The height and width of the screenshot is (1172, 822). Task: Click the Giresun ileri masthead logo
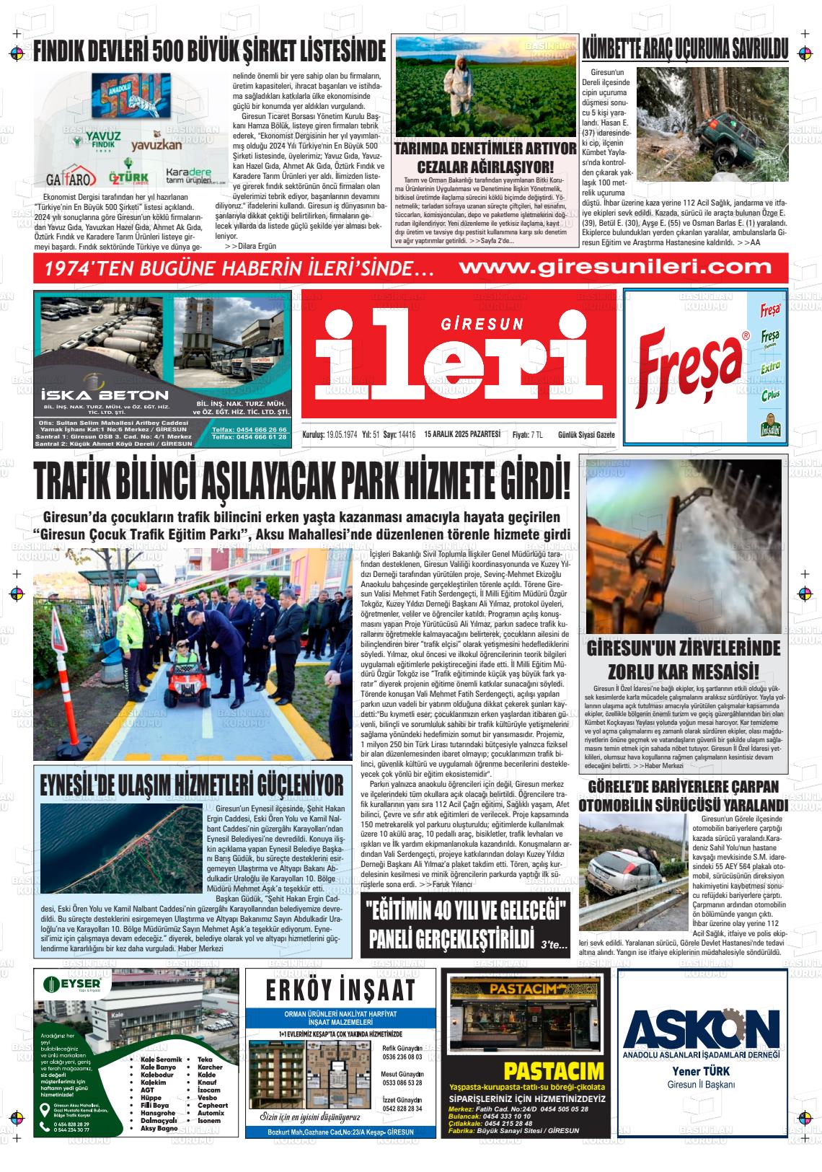point(459,355)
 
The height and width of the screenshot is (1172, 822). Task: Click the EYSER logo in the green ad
point(77,984)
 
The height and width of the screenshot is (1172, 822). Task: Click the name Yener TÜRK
point(700,1070)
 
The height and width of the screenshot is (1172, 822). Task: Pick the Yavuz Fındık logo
point(104,138)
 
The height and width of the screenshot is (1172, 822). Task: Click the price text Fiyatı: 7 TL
point(527,435)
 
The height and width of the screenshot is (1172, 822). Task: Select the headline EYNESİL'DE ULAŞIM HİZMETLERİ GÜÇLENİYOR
point(192,784)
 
